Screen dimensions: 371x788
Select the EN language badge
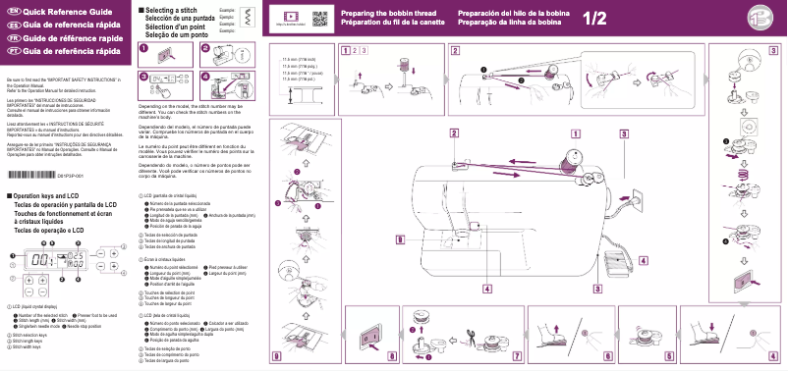[x=13, y=9]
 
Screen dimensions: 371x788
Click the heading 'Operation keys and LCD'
[x=50, y=196]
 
